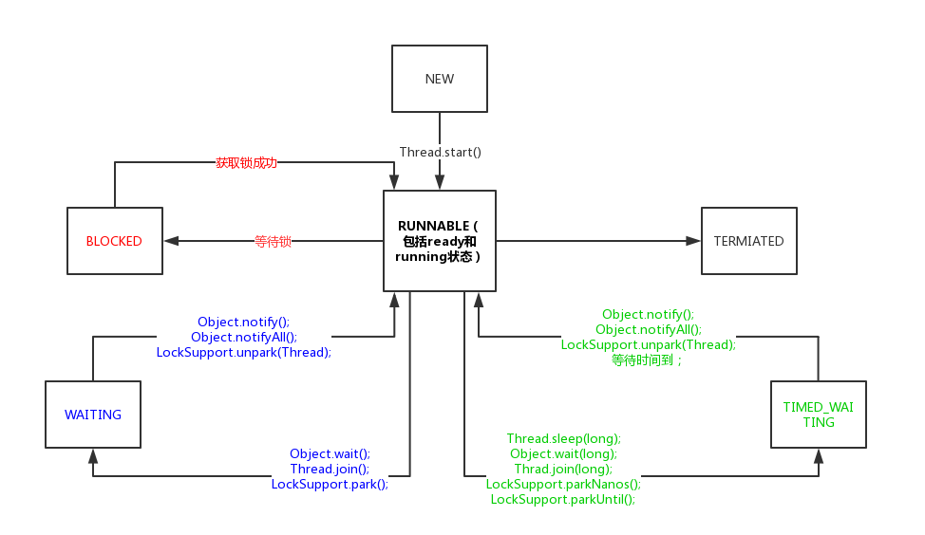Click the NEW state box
click(440, 79)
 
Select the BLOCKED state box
click(114, 241)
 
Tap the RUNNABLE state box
click(440, 241)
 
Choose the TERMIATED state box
click(748, 241)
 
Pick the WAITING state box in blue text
click(93, 415)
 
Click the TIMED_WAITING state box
click(818, 415)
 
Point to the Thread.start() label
click(440, 152)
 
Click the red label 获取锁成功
click(246, 162)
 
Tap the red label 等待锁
click(273, 241)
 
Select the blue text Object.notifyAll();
click(244, 337)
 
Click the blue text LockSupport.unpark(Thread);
click(244, 352)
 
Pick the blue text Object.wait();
click(330, 453)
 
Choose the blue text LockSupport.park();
click(330, 484)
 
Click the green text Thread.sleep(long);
click(563, 438)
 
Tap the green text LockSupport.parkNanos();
click(563, 484)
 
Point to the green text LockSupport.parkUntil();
click(563, 499)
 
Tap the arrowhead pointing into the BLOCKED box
click(170, 241)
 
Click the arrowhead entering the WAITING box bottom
click(93, 455)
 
